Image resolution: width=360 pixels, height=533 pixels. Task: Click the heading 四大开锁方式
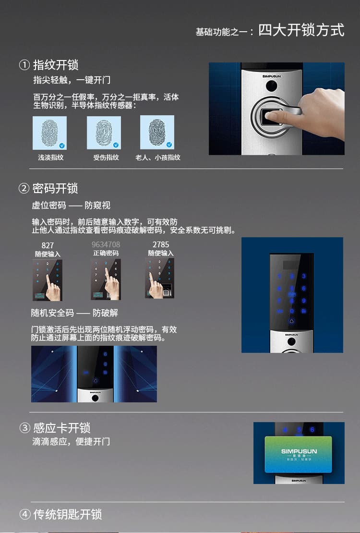(x=301, y=30)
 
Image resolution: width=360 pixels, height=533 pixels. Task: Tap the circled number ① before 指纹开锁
(x=24, y=65)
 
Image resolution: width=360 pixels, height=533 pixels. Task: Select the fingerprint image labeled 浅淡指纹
(x=49, y=133)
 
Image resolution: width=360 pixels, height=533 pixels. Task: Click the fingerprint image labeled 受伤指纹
(x=104, y=133)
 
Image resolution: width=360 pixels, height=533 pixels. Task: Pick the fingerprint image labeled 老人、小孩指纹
(x=157, y=133)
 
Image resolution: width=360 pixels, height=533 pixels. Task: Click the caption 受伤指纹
(x=106, y=157)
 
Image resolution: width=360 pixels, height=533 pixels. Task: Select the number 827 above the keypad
(x=48, y=245)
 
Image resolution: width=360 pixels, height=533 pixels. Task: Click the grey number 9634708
(x=106, y=245)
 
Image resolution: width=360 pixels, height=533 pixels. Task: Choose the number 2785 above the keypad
(x=161, y=245)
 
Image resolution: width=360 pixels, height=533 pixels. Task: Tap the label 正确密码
(x=106, y=253)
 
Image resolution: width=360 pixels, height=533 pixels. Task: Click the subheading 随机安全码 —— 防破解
(x=74, y=313)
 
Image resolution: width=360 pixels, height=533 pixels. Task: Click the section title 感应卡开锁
(x=61, y=428)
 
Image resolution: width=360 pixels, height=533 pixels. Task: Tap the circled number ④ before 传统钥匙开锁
(x=24, y=514)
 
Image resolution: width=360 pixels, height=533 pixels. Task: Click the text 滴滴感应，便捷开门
(x=71, y=441)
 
